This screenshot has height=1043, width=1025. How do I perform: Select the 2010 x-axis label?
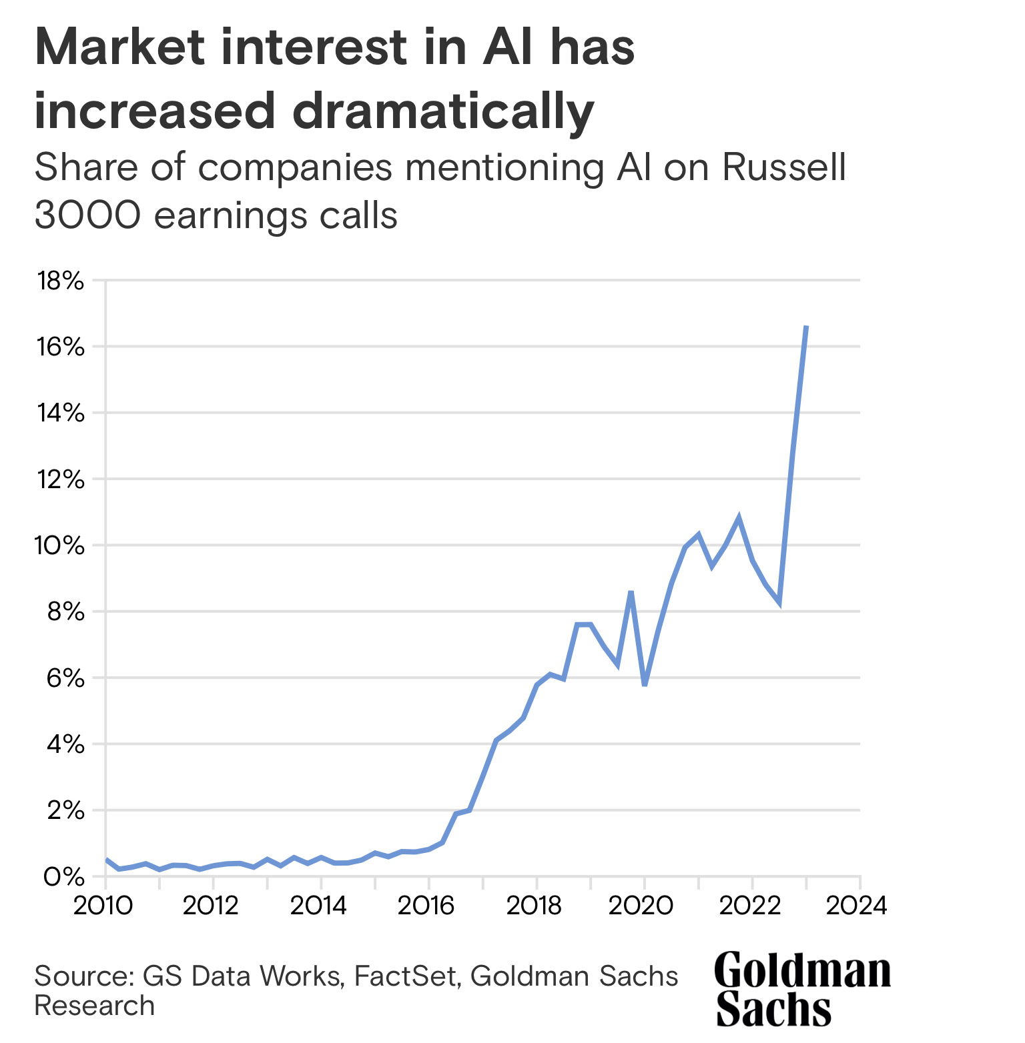[x=103, y=906]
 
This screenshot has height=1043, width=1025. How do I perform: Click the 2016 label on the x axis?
[x=428, y=906]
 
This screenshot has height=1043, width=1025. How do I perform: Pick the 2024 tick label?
[x=859, y=906]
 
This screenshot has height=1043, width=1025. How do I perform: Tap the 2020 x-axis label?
[x=643, y=906]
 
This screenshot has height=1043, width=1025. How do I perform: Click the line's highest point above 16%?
[x=807, y=326]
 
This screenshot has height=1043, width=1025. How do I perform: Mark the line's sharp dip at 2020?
[x=645, y=685]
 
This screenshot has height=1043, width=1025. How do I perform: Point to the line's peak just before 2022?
[x=739, y=517]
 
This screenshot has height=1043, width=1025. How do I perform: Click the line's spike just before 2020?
[x=631, y=592]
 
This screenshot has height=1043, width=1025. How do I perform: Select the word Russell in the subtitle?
[x=784, y=167]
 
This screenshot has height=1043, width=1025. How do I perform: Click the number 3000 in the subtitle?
[x=87, y=215]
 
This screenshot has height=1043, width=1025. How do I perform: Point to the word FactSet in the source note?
[x=406, y=976]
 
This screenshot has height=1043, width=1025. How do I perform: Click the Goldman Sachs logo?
[x=802, y=989]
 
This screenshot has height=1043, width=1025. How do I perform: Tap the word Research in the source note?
[x=94, y=1006]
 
